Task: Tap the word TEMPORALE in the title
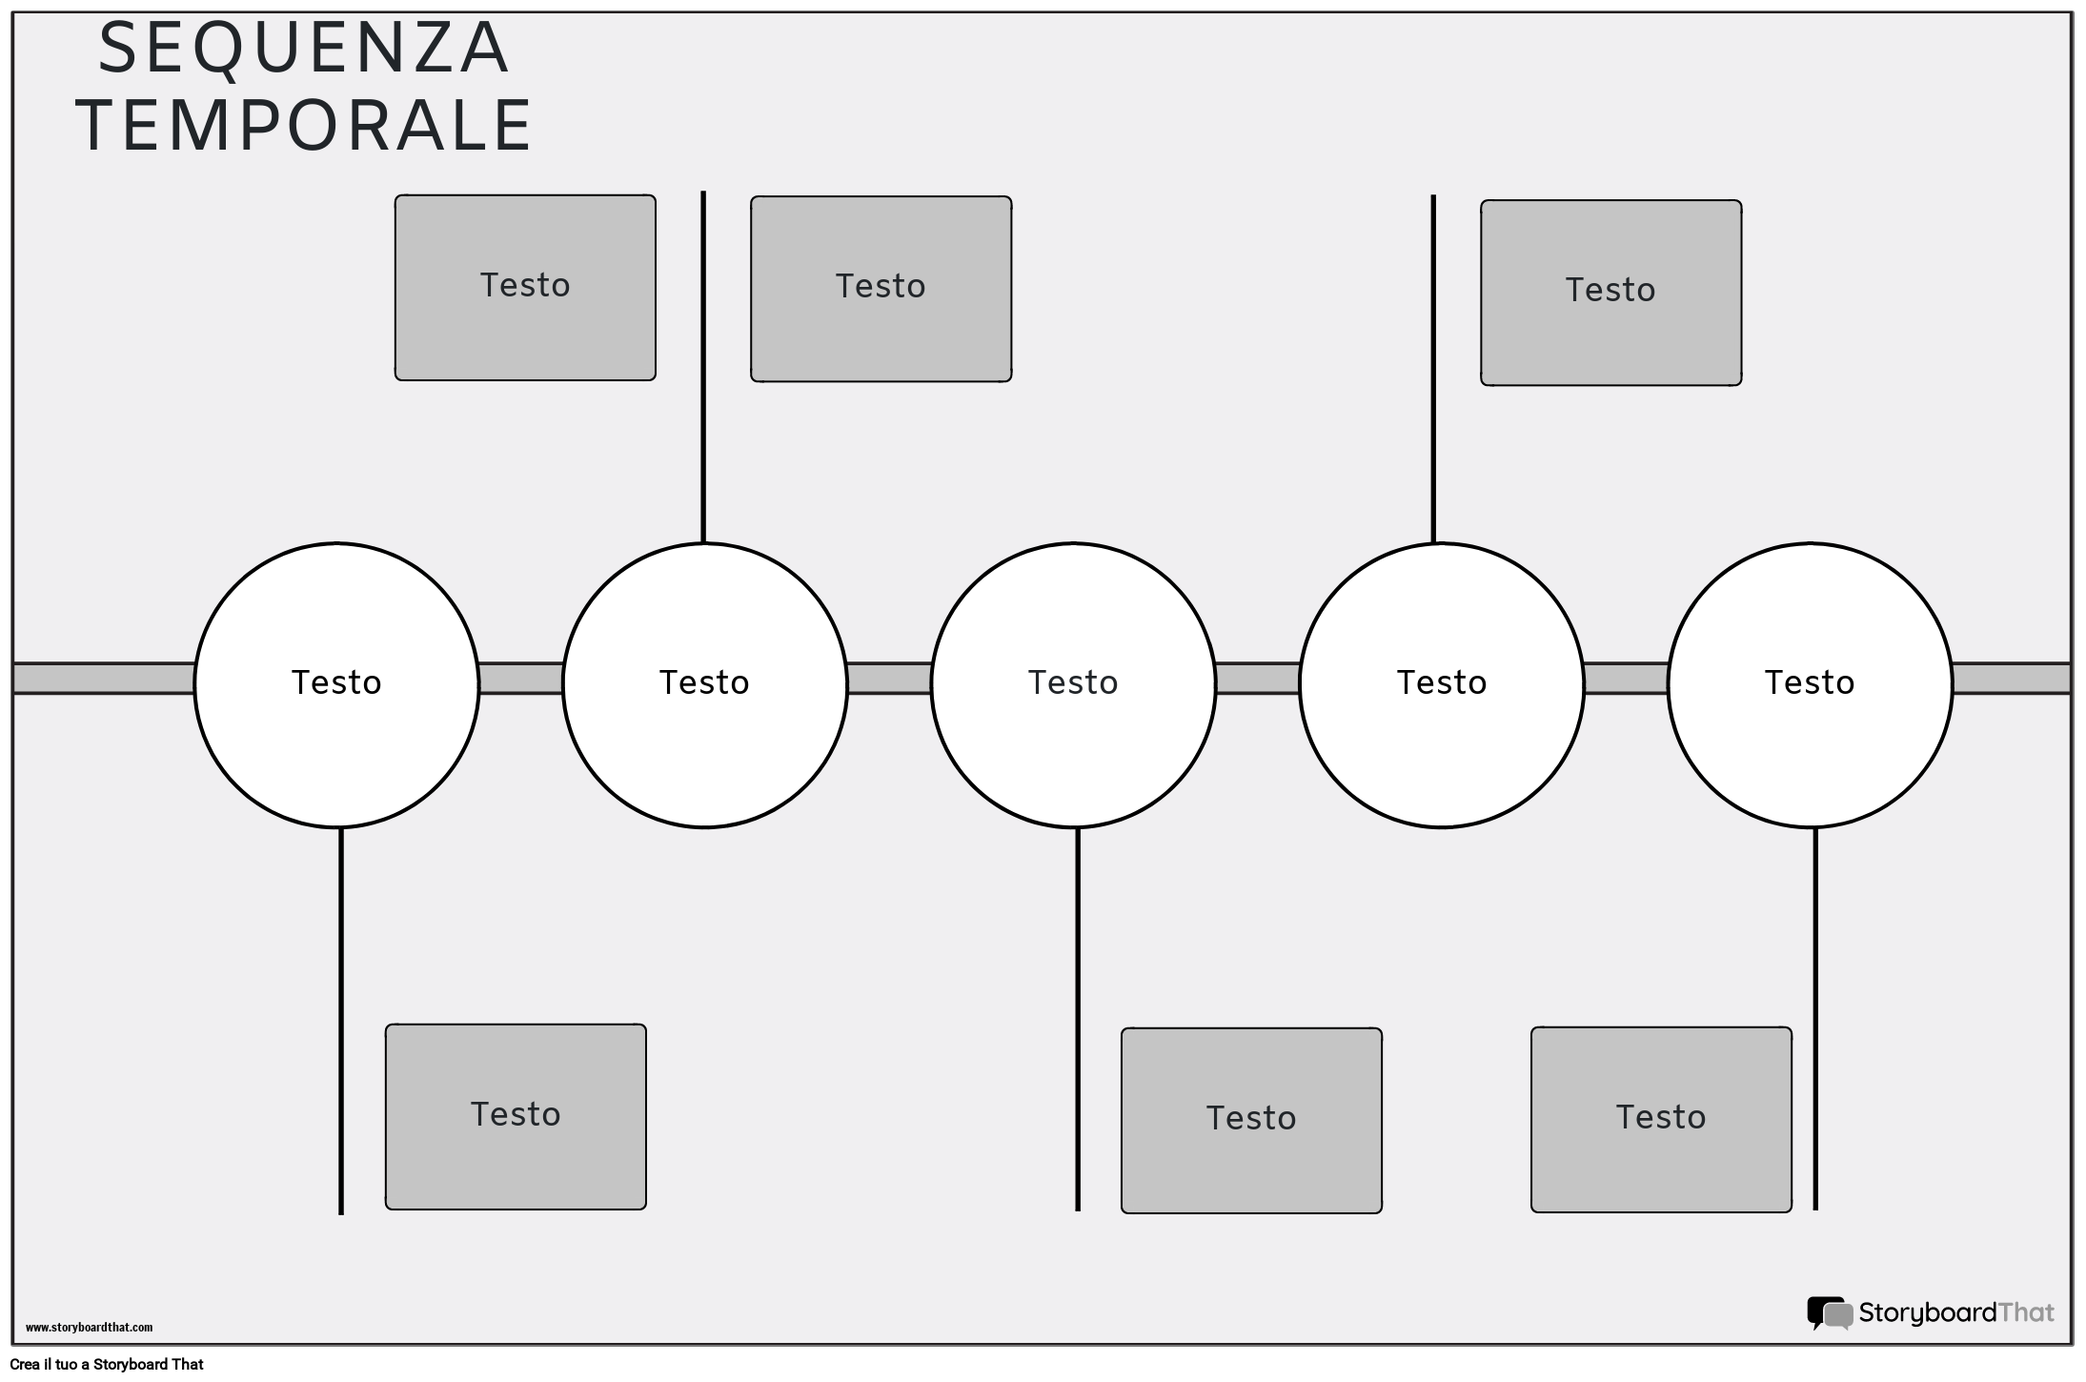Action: point(305,126)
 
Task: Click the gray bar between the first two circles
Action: point(520,679)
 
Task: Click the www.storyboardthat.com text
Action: point(89,1328)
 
